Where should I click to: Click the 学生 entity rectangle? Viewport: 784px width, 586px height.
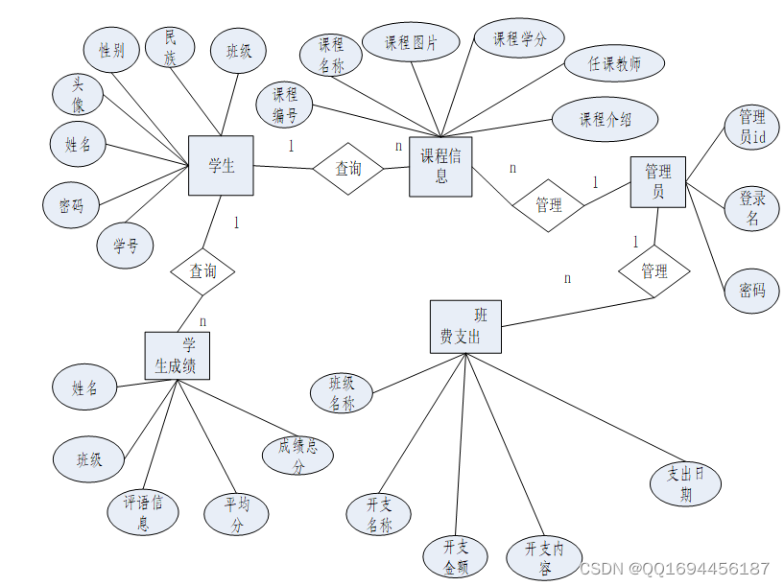(x=221, y=165)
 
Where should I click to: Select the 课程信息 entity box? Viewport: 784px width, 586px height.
(x=440, y=167)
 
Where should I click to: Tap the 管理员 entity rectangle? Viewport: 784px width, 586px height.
(x=658, y=182)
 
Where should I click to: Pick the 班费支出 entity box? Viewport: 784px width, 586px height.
(x=465, y=327)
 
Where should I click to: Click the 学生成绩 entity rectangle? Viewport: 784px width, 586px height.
(x=177, y=356)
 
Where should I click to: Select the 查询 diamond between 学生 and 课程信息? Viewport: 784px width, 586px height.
(x=348, y=169)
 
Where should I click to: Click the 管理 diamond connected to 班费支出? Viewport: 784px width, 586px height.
(x=654, y=271)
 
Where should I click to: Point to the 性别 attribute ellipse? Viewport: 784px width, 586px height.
(x=111, y=50)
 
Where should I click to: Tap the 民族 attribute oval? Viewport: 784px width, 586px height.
(x=170, y=47)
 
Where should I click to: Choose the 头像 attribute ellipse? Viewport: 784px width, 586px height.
(x=78, y=94)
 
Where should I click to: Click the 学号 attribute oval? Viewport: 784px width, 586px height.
(x=125, y=246)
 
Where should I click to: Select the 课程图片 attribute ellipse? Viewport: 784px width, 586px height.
(x=411, y=42)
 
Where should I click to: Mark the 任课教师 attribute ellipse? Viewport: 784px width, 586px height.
(x=614, y=63)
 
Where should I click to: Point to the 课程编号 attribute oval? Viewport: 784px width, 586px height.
(x=284, y=105)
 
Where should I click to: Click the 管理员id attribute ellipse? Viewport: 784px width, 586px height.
(x=752, y=127)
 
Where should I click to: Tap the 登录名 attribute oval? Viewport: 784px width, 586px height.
(x=752, y=208)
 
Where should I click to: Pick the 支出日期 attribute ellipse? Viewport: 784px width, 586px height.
(x=685, y=483)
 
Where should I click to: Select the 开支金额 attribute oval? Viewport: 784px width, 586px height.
(x=455, y=556)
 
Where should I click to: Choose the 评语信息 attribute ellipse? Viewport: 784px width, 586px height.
(x=143, y=512)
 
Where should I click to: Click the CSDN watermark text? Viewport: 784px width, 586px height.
(x=674, y=569)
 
